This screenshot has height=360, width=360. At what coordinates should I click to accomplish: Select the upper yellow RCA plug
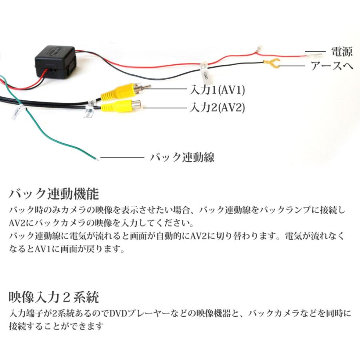tap(120, 92)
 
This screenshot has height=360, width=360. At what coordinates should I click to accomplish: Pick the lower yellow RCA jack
tap(120, 106)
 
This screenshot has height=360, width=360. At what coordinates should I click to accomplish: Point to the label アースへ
tap(332, 66)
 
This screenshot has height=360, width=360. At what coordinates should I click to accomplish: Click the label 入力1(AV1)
tap(216, 89)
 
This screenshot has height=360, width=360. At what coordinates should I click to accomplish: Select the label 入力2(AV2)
tap(216, 107)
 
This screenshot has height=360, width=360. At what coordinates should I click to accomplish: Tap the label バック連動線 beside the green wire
tap(182, 157)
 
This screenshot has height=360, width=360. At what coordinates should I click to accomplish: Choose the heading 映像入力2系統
tap(54, 297)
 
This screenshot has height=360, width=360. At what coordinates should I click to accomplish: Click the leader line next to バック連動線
tap(122, 158)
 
